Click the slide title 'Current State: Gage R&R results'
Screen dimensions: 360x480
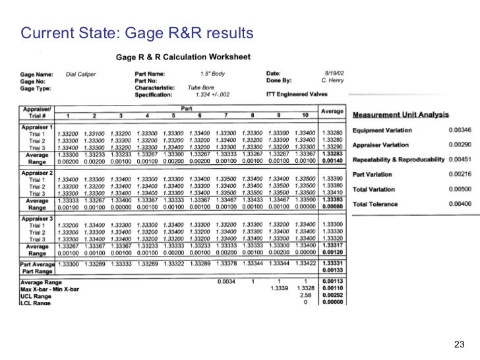136,32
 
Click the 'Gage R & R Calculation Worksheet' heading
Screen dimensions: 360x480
183,57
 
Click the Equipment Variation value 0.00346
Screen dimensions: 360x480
459,131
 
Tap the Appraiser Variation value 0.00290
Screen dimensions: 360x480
459,145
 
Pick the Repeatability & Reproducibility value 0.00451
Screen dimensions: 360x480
459,160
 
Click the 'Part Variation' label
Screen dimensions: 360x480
373,174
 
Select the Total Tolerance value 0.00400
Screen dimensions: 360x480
459,204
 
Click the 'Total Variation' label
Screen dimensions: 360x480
374,189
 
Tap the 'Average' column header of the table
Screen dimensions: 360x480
333,111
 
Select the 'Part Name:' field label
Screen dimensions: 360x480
150,74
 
